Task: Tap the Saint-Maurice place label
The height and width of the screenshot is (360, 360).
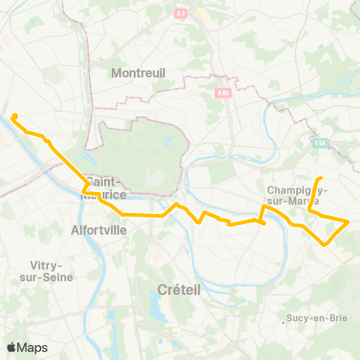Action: [x=109, y=189]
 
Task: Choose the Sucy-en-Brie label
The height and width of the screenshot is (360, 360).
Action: [x=319, y=318]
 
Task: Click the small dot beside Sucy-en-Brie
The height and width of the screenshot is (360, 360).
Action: [x=289, y=319]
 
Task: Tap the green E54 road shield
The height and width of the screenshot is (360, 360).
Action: [x=322, y=142]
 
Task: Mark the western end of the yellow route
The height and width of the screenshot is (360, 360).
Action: [x=13, y=116]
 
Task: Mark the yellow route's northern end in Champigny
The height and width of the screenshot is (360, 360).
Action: [x=320, y=178]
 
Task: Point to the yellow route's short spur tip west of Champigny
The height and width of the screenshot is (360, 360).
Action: [x=264, y=223]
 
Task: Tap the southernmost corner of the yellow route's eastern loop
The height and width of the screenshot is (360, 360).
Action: [x=324, y=244]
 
